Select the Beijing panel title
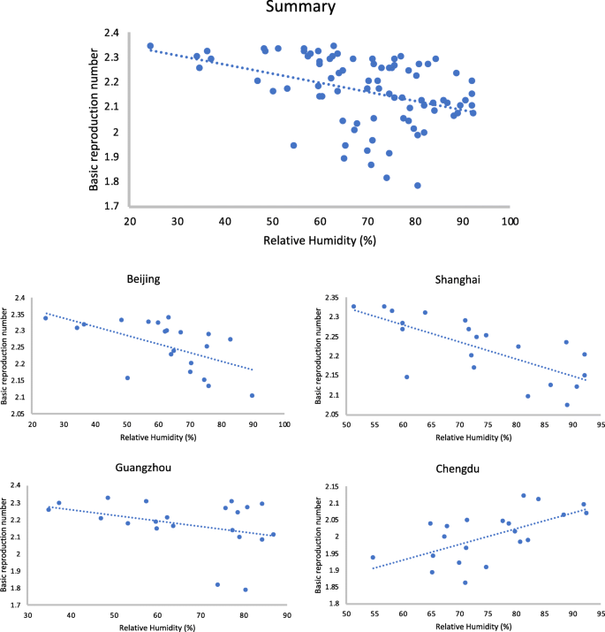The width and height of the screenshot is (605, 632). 142,279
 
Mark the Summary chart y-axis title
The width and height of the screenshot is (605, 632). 95,118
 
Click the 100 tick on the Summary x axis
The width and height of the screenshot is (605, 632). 510,220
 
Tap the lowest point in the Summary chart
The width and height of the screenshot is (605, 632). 417,186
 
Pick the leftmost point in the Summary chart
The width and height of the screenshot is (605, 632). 150,46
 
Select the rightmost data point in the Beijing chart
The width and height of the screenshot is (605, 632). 253,396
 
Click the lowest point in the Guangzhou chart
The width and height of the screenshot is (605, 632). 246,590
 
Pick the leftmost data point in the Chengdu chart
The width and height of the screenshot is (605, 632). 373,558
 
